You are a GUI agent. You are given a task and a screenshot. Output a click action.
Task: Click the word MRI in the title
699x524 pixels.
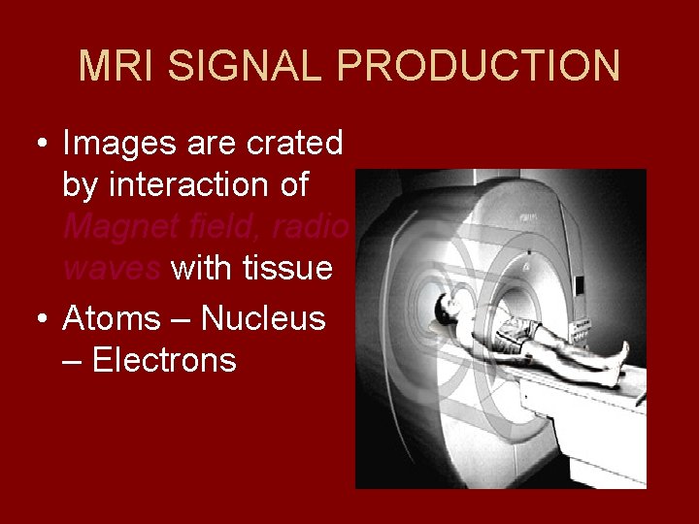point(113,66)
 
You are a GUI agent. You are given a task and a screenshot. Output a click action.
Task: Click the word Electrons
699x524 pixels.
point(164,360)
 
